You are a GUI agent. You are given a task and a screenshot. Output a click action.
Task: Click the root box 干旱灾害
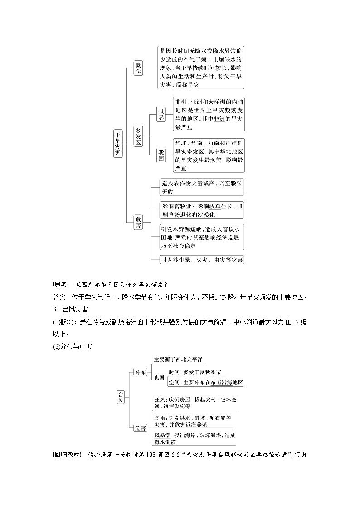(x=117, y=143)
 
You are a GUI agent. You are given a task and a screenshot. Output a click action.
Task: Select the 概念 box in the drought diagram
(x=138, y=68)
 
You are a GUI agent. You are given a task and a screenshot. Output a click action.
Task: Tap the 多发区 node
(x=138, y=136)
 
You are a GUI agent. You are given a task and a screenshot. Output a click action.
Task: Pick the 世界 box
(x=161, y=114)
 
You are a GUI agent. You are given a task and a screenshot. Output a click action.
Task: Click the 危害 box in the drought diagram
(x=138, y=222)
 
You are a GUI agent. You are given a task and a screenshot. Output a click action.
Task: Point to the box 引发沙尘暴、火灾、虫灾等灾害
(x=202, y=260)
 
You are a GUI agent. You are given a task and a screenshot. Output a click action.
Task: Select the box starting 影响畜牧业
(x=202, y=210)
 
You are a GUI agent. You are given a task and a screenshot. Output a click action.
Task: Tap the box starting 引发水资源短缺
(x=202, y=237)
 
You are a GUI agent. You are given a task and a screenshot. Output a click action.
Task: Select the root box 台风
(x=120, y=397)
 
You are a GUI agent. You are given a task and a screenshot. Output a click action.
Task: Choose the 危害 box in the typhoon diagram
(x=141, y=427)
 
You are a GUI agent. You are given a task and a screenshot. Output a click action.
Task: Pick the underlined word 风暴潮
(x=161, y=435)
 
